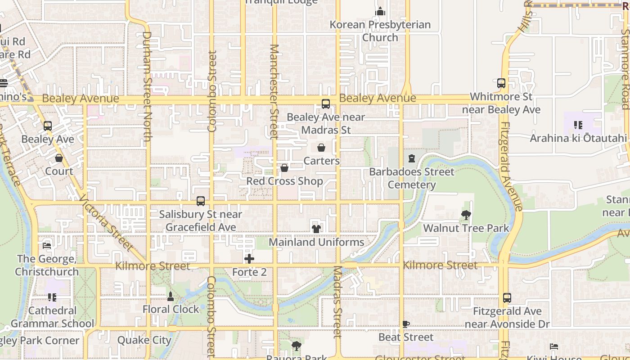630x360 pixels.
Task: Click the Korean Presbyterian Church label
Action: [x=380, y=31]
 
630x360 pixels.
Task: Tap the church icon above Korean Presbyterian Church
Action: [x=380, y=11]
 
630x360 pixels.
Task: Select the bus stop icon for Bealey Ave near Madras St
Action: [x=326, y=104]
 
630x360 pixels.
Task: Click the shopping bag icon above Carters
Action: [x=321, y=148]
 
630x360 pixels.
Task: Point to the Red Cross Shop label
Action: [x=284, y=181]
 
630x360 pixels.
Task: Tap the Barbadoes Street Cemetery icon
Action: [x=411, y=158]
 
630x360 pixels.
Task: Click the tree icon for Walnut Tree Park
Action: [x=466, y=215]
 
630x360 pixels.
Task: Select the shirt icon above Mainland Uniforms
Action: [x=316, y=229]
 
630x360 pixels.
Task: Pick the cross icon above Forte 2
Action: [x=249, y=259]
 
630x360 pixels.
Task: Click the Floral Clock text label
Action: [x=171, y=310]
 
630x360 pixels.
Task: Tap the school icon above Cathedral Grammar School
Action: [x=52, y=297]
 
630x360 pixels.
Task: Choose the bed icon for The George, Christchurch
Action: [x=47, y=246]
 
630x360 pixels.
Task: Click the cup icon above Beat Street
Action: [x=406, y=324]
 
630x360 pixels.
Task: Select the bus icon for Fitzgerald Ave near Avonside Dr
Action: [x=507, y=298]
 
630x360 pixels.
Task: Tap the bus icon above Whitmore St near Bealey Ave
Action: [x=501, y=83]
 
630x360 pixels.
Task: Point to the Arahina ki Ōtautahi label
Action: [x=578, y=138]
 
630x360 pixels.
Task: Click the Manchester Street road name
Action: [x=274, y=90]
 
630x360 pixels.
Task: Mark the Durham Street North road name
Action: [x=147, y=85]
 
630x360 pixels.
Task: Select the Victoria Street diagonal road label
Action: [x=106, y=222]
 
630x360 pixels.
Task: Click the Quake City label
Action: [x=144, y=340]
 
